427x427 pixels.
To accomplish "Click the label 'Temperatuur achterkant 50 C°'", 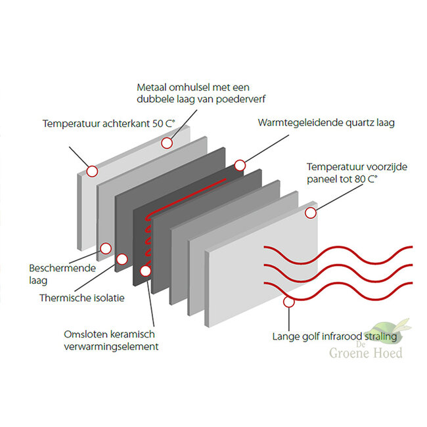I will click(103, 123).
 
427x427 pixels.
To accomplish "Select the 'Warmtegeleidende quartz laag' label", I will click(326, 123).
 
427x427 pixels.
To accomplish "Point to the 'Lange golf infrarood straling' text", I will click(334, 337).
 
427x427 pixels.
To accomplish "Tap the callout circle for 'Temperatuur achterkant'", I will click(91, 171).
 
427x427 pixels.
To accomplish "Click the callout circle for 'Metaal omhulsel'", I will click(168, 143).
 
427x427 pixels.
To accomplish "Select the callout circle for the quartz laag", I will click(240, 165).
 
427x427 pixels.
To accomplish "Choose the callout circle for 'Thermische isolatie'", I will click(121, 259).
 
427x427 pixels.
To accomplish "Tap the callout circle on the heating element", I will click(145, 269).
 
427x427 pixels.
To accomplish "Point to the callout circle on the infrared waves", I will click(287, 302).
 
